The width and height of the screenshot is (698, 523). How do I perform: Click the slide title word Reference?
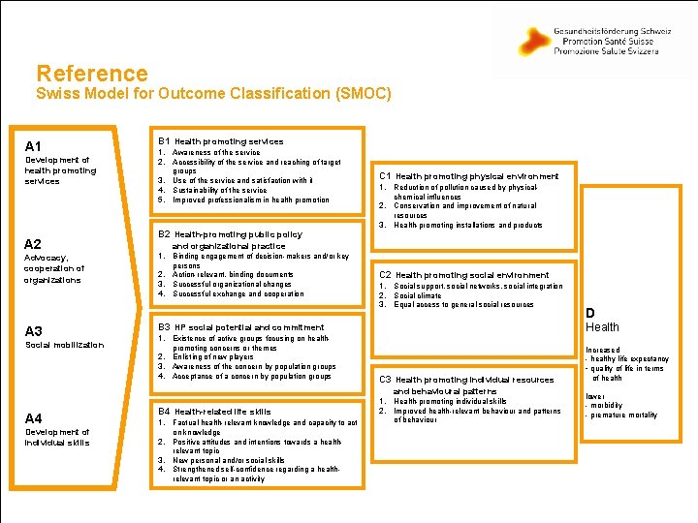92,73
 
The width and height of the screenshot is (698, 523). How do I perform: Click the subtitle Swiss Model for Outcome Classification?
213,94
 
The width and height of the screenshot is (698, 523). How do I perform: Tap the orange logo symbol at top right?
534,41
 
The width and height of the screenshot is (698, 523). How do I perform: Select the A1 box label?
33,145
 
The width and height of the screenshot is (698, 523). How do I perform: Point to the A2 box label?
33,244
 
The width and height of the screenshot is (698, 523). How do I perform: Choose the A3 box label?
33,331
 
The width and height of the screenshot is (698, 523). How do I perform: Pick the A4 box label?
33,418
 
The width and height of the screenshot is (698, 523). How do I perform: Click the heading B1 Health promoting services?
221,141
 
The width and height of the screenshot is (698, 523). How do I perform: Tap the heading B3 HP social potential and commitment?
240,327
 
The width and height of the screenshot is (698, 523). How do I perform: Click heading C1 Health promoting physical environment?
468,176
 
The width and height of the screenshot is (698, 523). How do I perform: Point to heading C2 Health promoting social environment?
463,275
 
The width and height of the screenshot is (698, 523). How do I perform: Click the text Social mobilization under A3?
64,345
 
